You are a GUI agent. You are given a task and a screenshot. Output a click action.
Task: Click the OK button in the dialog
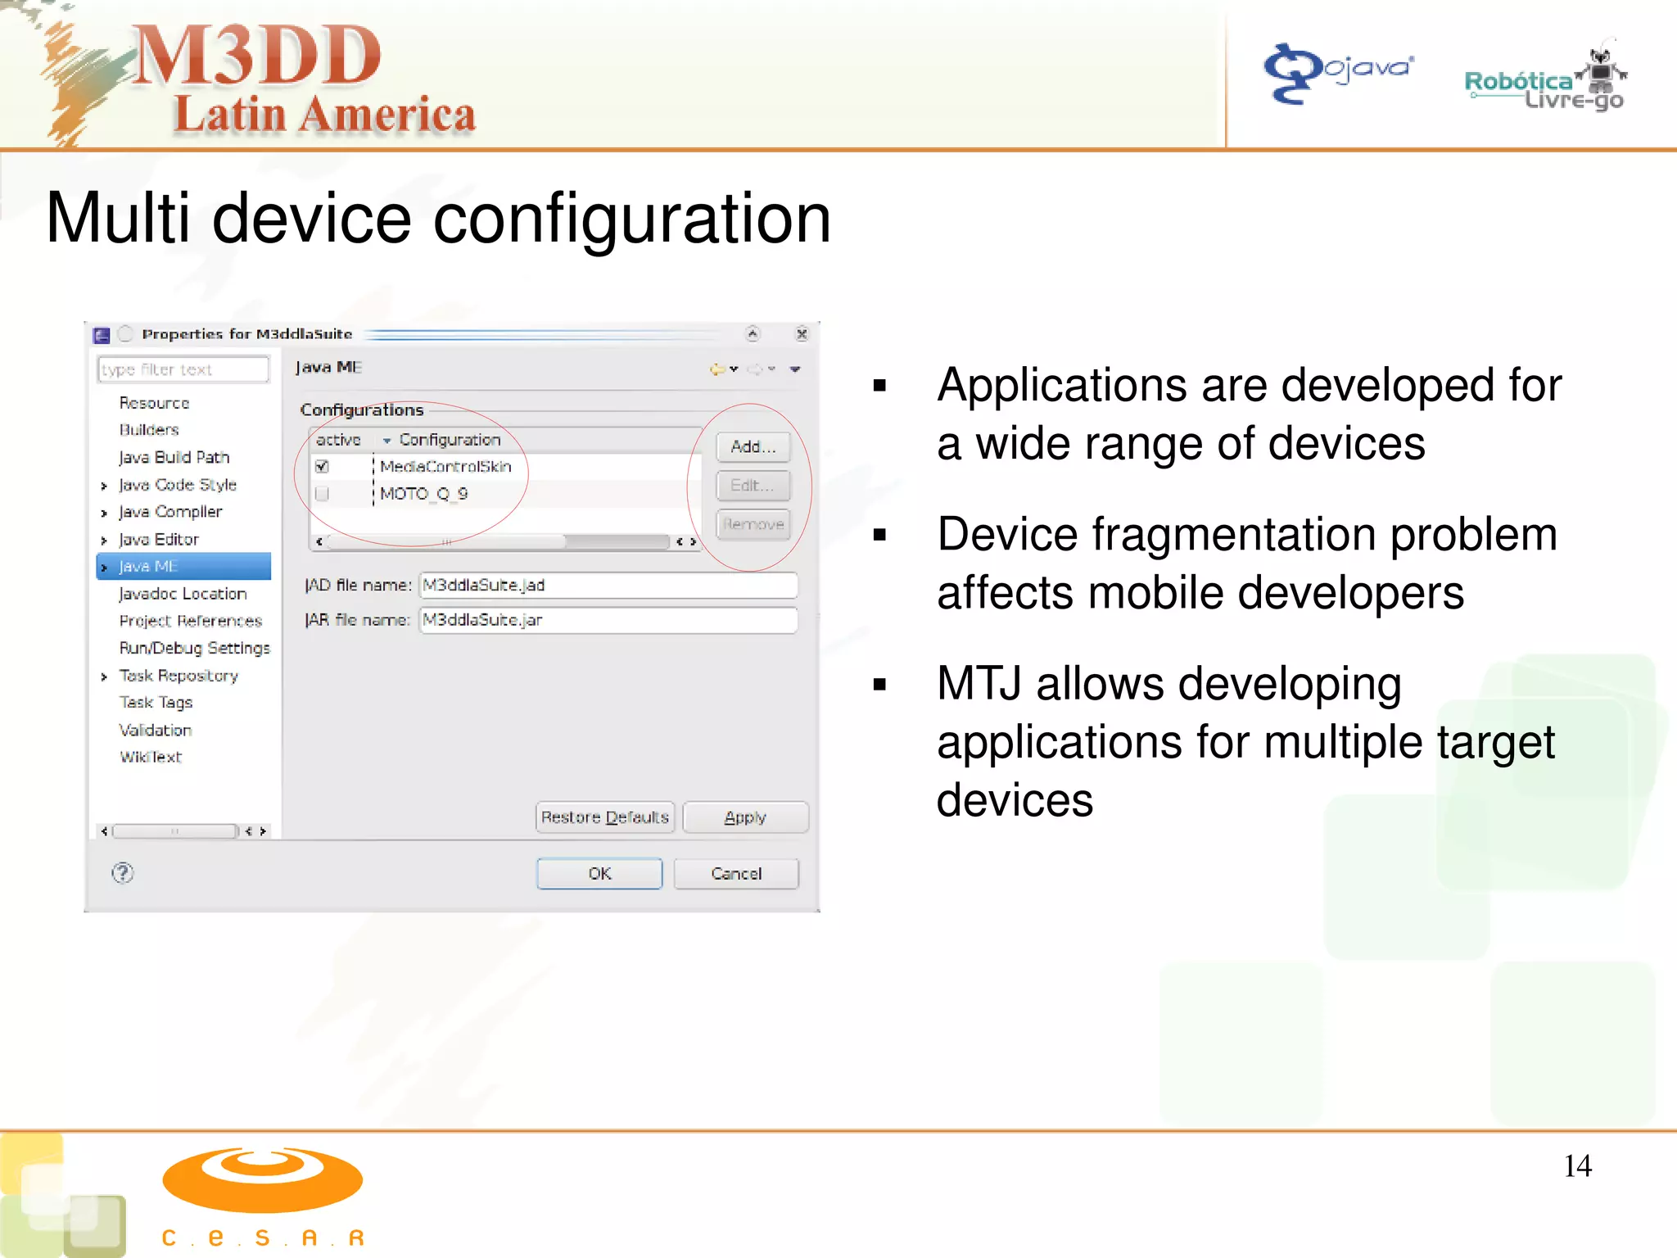click(599, 873)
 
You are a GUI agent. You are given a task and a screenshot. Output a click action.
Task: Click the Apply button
click(745, 817)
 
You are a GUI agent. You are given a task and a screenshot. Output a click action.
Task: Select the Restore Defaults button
click(605, 817)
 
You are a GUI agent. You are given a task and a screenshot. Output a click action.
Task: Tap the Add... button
click(753, 446)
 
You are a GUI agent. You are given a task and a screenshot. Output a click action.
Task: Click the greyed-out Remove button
click(753, 524)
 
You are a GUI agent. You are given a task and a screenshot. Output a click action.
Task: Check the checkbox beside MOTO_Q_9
click(323, 494)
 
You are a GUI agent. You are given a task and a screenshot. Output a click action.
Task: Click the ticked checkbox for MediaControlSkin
click(323, 467)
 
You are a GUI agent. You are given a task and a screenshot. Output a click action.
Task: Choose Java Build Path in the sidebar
click(174, 457)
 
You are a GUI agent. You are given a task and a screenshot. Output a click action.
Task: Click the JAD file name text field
click(608, 585)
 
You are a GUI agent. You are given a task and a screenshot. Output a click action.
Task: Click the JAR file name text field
click(608, 620)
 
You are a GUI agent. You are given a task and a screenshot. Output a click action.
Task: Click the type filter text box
click(183, 369)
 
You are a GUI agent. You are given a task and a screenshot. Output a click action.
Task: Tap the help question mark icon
click(123, 873)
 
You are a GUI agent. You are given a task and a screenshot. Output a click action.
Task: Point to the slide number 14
click(1577, 1165)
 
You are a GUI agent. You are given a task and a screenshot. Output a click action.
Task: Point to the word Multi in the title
click(118, 219)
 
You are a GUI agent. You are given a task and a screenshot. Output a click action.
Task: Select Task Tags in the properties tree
click(156, 703)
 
